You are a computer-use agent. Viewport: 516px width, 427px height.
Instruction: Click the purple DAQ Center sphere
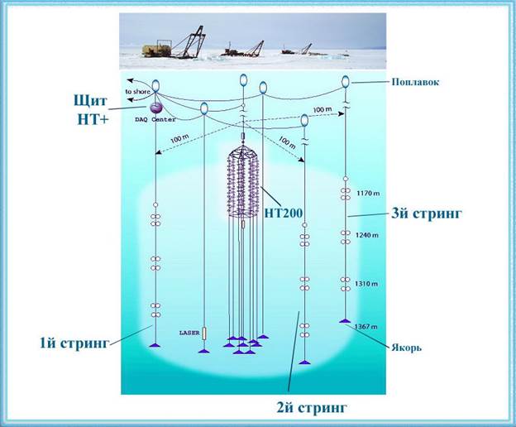click(x=155, y=108)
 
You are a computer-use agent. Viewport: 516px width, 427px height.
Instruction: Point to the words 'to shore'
click(x=139, y=91)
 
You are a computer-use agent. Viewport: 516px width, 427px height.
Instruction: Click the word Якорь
click(x=406, y=347)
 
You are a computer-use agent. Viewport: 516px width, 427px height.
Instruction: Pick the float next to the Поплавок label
click(x=346, y=81)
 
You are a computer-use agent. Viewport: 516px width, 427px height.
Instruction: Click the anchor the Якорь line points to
click(x=345, y=321)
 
